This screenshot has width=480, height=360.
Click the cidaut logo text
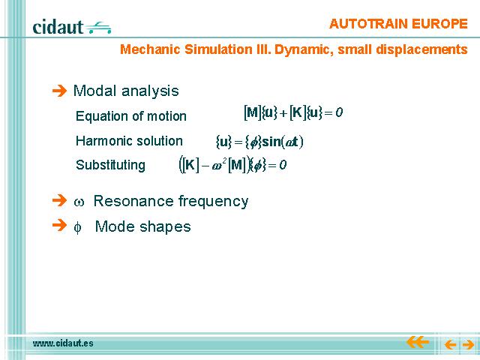coord(58,27)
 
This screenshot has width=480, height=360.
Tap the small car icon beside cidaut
coord(98,28)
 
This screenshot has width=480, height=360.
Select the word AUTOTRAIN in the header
coord(367,24)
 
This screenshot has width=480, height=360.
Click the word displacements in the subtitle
coord(421,49)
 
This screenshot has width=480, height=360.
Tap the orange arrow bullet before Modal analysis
coord(59,91)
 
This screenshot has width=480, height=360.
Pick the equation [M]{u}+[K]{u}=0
coord(293,112)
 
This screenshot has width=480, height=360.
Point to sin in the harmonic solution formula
coord(271,142)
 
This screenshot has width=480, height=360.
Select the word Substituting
coord(110,165)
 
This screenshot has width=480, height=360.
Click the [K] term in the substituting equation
coord(190,165)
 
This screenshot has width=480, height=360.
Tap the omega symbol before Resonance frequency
coord(79,202)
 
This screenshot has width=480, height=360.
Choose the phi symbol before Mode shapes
coord(78,228)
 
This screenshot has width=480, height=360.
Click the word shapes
coord(165,226)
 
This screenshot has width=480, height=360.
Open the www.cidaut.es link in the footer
coord(63,343)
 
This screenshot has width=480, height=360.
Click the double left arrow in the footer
coord(418,342)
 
